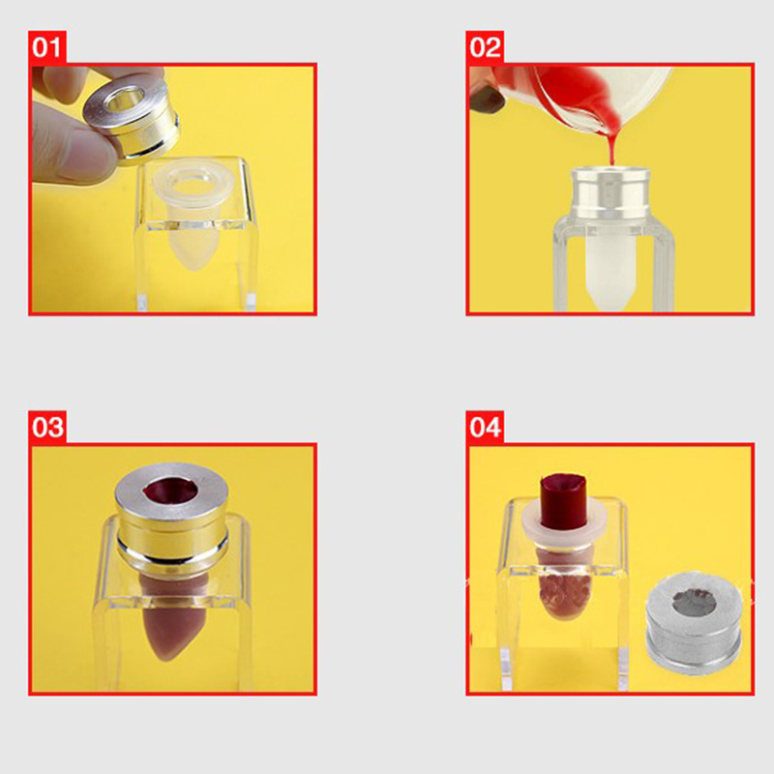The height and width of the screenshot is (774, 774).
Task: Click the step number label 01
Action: point(46,47)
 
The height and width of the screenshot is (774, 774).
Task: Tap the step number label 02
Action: point(485,47)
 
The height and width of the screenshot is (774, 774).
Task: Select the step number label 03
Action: point(47,427)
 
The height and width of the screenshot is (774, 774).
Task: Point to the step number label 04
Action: point(485,427)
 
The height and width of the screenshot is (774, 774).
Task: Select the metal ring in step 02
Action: point(610,193)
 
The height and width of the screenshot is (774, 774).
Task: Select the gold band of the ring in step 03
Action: point(172,530)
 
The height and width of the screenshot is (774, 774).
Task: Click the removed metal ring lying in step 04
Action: point(693,623)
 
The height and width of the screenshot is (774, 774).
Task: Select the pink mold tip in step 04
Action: point(563,592)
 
